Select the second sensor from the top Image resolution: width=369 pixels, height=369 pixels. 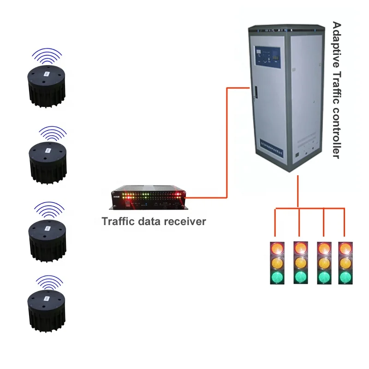tap(48, 161)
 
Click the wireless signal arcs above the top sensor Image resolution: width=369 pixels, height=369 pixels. tap(47, 55)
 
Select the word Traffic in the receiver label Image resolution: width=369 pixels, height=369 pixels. tap(116, 221)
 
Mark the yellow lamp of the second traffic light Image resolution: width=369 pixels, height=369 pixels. tap(301, 263)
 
